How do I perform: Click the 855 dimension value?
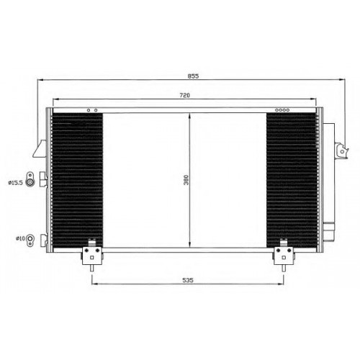(x=193, y=76)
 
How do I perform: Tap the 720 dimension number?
(x=185, y=95)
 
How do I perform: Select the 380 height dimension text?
(x=186, y=180)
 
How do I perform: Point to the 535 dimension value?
(x=188, y=280)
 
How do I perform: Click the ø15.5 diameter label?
(x=15, y=183)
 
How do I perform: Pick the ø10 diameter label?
(x=20, y=238)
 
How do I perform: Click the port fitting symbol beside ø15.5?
(x=30, y=179)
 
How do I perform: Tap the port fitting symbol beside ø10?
(x=30, y=240)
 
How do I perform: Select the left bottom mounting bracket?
(x=92, y=255)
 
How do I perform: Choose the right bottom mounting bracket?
(x=284, y=255)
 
